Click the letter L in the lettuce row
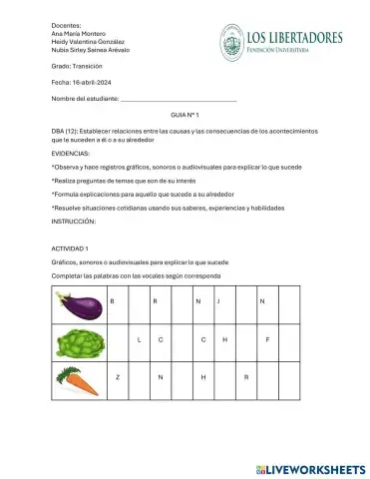pos(139,340)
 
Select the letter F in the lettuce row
pos(267,340)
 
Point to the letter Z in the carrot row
pos(118,377)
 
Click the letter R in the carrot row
pos(245,377)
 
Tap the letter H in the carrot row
pos(202,377)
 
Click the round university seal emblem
pos(231,42)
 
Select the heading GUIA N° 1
pos(185,116)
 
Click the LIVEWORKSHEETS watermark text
pos(316,466)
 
